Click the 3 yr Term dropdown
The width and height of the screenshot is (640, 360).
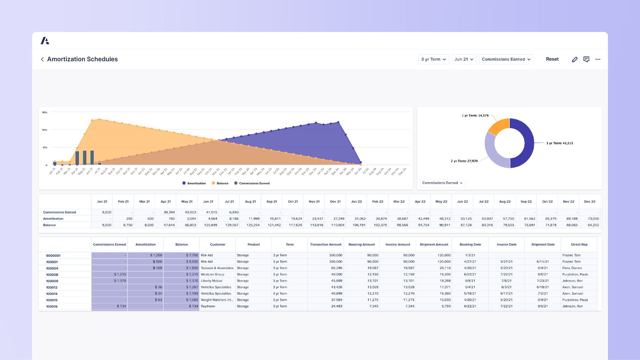433,59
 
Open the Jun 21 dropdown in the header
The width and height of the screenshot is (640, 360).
464,59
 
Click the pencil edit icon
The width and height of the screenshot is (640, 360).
574,59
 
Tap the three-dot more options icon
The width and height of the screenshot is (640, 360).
597,59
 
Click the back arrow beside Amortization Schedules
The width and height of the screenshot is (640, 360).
42,59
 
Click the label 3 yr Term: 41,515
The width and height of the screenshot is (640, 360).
559,143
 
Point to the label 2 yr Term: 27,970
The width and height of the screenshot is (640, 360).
464,161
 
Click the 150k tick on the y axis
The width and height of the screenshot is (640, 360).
45,112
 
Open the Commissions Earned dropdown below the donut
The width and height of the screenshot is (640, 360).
442,183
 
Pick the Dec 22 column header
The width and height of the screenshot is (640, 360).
589,202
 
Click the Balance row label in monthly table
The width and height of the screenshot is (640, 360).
49,225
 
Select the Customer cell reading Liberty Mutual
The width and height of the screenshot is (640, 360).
212,281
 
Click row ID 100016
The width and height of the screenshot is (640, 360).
52,307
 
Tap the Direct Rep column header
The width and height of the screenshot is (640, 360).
579,244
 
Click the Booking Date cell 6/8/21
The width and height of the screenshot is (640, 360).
470,281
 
